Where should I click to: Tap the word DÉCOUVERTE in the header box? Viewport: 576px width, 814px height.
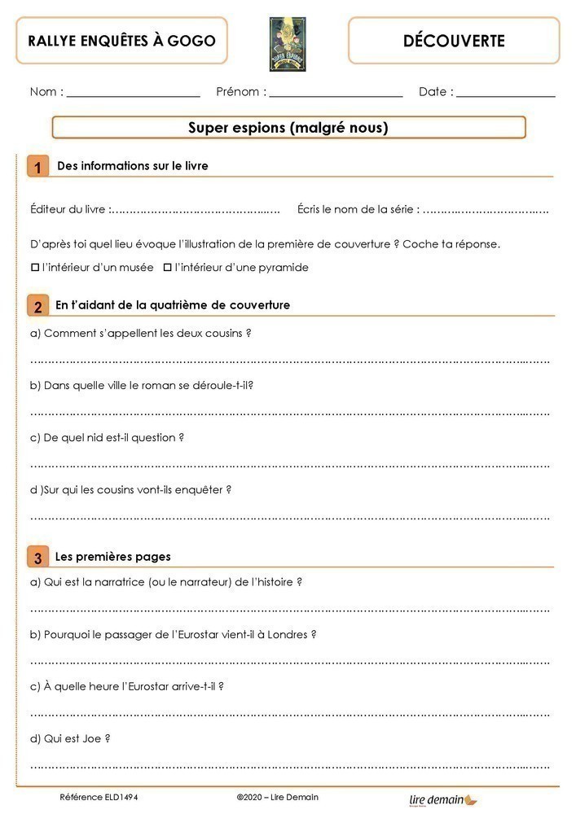coord(454,41)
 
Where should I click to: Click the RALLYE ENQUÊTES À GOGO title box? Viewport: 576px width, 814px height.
coord(121,41)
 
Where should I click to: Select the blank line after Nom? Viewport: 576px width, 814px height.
coord(134,94)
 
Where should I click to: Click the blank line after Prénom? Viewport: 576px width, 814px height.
coord(336,94)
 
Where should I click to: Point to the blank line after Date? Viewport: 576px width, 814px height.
coord(505,94)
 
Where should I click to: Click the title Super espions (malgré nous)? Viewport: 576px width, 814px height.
coord(288,128)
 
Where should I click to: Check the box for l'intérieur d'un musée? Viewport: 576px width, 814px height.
coord(35,267)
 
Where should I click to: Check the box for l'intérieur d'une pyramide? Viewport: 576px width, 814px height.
coord(168,267)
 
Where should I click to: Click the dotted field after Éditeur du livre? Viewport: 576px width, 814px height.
coord(196,211)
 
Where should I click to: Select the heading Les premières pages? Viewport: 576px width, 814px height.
coord(112,558)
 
